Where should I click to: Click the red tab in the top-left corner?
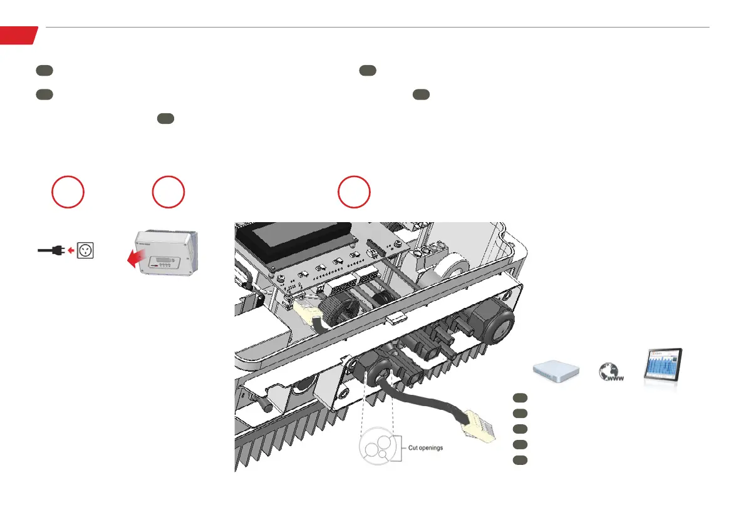pyautogui.click(x=19, y=35)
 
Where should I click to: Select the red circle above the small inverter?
pyautogui.click(x=169, y=193)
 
